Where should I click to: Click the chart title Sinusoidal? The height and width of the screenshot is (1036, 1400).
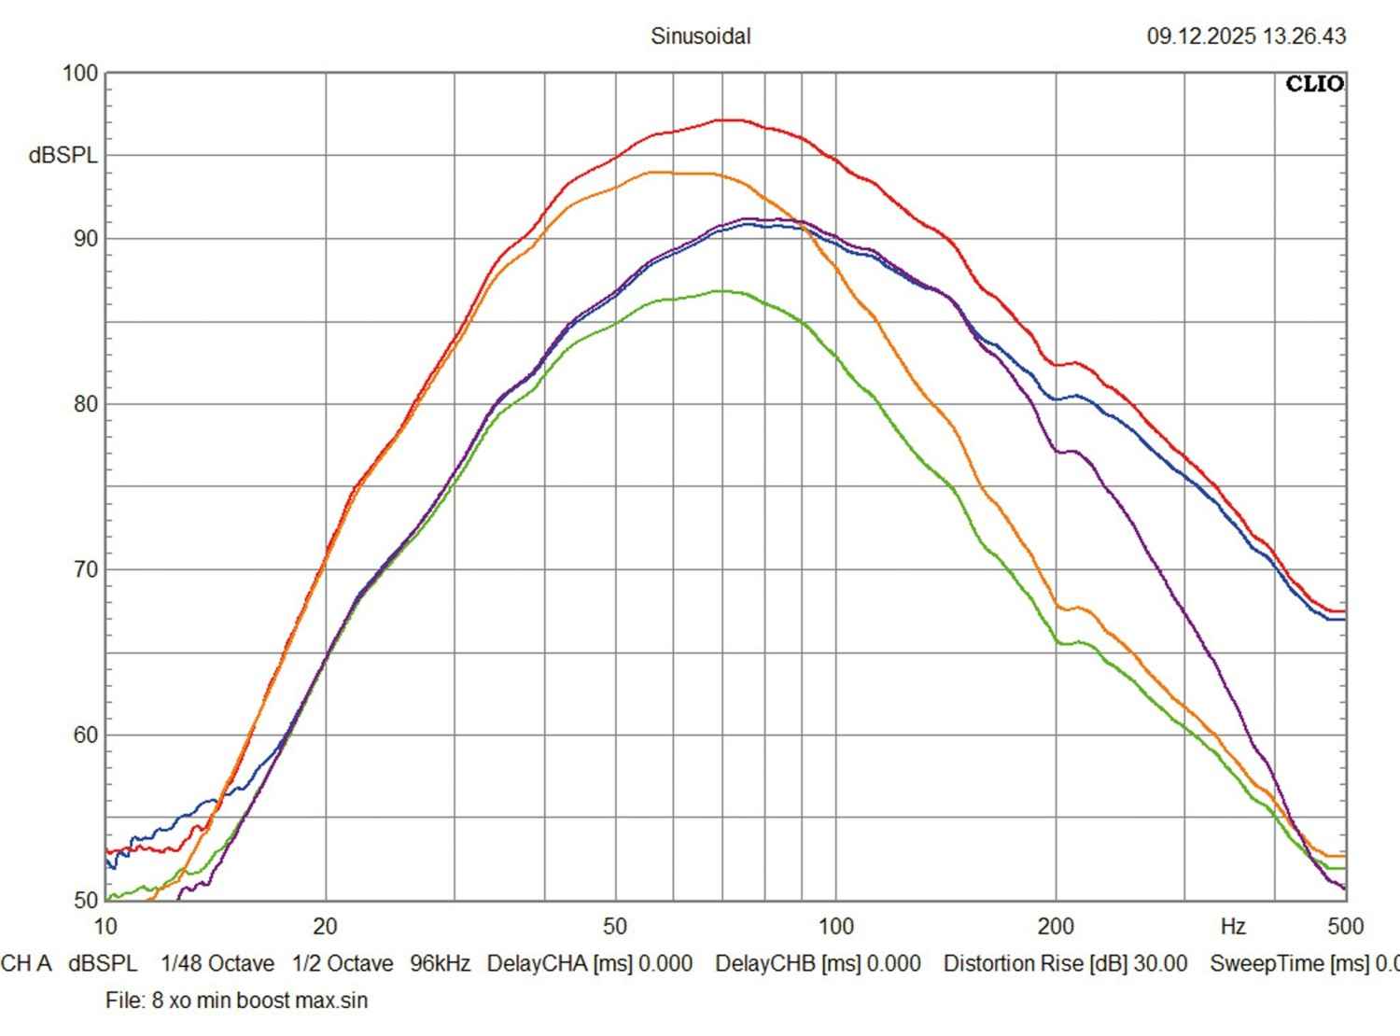[x=700, y=36]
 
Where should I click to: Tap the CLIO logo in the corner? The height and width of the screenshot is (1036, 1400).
[x=1314, y=84]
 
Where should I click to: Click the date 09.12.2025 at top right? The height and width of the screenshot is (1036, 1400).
[x=1202, y=36]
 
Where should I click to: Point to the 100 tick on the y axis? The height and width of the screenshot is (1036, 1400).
[x=80, y=73]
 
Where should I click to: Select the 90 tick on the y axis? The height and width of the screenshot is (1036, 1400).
[x=85, y=238]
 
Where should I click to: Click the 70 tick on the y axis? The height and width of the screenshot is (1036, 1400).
[x=85, y=569]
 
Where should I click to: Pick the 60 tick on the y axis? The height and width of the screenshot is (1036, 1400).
[x=85, y=735]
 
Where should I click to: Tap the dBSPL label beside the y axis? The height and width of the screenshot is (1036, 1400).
[x=63, y=156]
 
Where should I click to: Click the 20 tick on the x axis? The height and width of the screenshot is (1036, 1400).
[x=325, y=926]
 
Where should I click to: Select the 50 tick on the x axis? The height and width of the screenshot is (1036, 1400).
[x=614, y=926]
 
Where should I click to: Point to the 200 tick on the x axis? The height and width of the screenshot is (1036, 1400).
[x=1056, y=926]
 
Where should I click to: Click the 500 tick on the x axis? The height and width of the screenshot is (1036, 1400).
[x=1345, y=926]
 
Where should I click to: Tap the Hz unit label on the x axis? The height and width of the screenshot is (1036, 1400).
[x=1232, y=926]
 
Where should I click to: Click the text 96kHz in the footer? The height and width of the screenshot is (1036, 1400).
[x=440, y=963]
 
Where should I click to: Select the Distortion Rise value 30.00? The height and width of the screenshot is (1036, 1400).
[x=1160, y=963]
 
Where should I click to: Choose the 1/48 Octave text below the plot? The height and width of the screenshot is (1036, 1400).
[x=217, y=963]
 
